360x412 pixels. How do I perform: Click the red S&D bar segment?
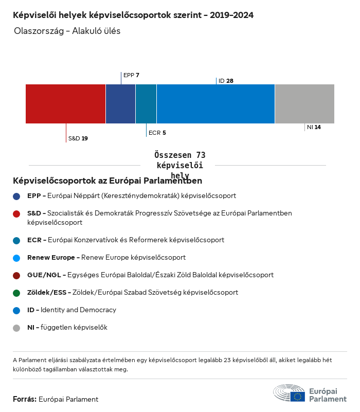(x=65, y=104)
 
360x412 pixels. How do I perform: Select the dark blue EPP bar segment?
(x=120, y=104)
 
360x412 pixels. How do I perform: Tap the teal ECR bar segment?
(x=146, y=104)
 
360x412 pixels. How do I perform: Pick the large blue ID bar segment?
(x=215, y=104)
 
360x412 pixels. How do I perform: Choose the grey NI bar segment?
(x=304, y=104)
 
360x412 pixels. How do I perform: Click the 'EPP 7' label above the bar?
(x=131, y=75)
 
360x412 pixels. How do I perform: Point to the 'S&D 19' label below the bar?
(x=78, y=138)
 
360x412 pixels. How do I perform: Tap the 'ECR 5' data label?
(x=157, y=133)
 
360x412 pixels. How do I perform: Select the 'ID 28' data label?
(x=226, y=81)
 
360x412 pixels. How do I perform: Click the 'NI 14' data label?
(x=314, y=127)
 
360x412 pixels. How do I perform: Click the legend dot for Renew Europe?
(x=17, y=257)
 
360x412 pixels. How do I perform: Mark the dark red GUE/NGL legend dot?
(x=17, y=275)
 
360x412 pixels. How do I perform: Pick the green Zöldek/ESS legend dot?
(x=17, y=293)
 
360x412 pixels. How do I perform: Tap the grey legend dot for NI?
(x=17, y=328)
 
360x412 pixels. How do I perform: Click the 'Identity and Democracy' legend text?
(x=78, y=310)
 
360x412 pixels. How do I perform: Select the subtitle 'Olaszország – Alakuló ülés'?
(x=67, y=31)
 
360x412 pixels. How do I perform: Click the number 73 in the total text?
(x=200, y=155)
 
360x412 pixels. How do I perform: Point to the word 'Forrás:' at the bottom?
(x=25, y=399)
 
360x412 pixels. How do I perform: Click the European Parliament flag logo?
(x=297, y=396)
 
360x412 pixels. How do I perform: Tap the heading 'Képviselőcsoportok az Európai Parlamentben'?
(x=107, y=181)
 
